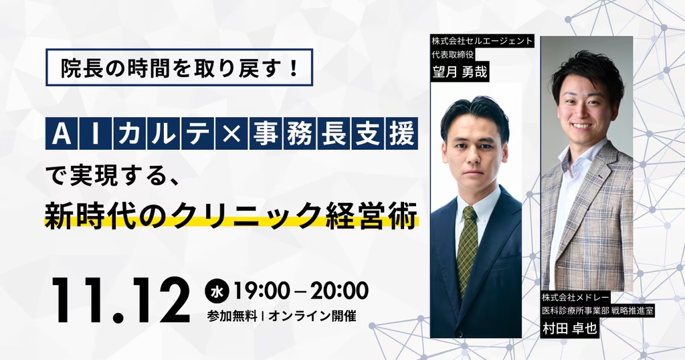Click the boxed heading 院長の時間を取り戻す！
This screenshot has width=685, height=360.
pyautogui.click(x=179, y=68)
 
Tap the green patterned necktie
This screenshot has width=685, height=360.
pyautogui.click(x=468, y=248)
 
